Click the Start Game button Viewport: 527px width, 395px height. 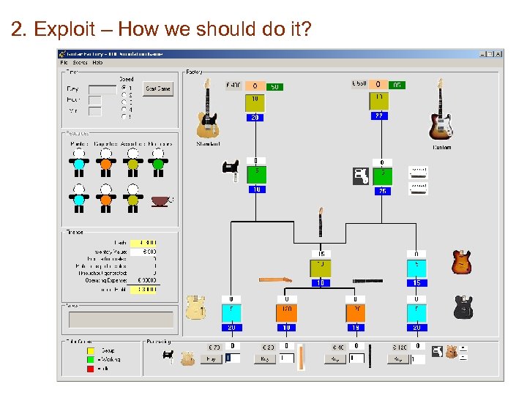pyautogui.click(x=158, y=89)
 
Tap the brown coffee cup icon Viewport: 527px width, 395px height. pyautogui.click(x=160, y=200)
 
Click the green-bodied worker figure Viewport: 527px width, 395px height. pyautogui.click(x=158, y=164)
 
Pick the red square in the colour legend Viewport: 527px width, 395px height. pyautogui.click(x=91, y=368)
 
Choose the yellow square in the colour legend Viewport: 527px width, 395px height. pyautogui.click(x=91, y=350)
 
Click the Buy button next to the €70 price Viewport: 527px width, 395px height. pyautogui.click(x=212, y=359)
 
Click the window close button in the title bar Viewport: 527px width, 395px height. pyautogui.click(x=498, y=53)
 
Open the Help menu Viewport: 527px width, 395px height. pyautogui.click(x=97, y=63)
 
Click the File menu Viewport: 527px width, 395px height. pyautogui.click(x=64, y=63)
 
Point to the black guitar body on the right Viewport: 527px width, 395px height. pyautogui.click(x=463, y=307)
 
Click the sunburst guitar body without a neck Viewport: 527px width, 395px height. pyautogui.click(x=461, y=261)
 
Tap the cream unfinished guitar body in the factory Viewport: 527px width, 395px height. pyautogui.click(x=195, y=307)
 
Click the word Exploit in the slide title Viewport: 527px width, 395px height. pyautogui.click(x=65, y=29)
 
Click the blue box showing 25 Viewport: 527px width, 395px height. pyautogui.click(x=382, y=190)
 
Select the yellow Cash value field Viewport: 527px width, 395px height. pyautogui.click(x=143, y=243)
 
